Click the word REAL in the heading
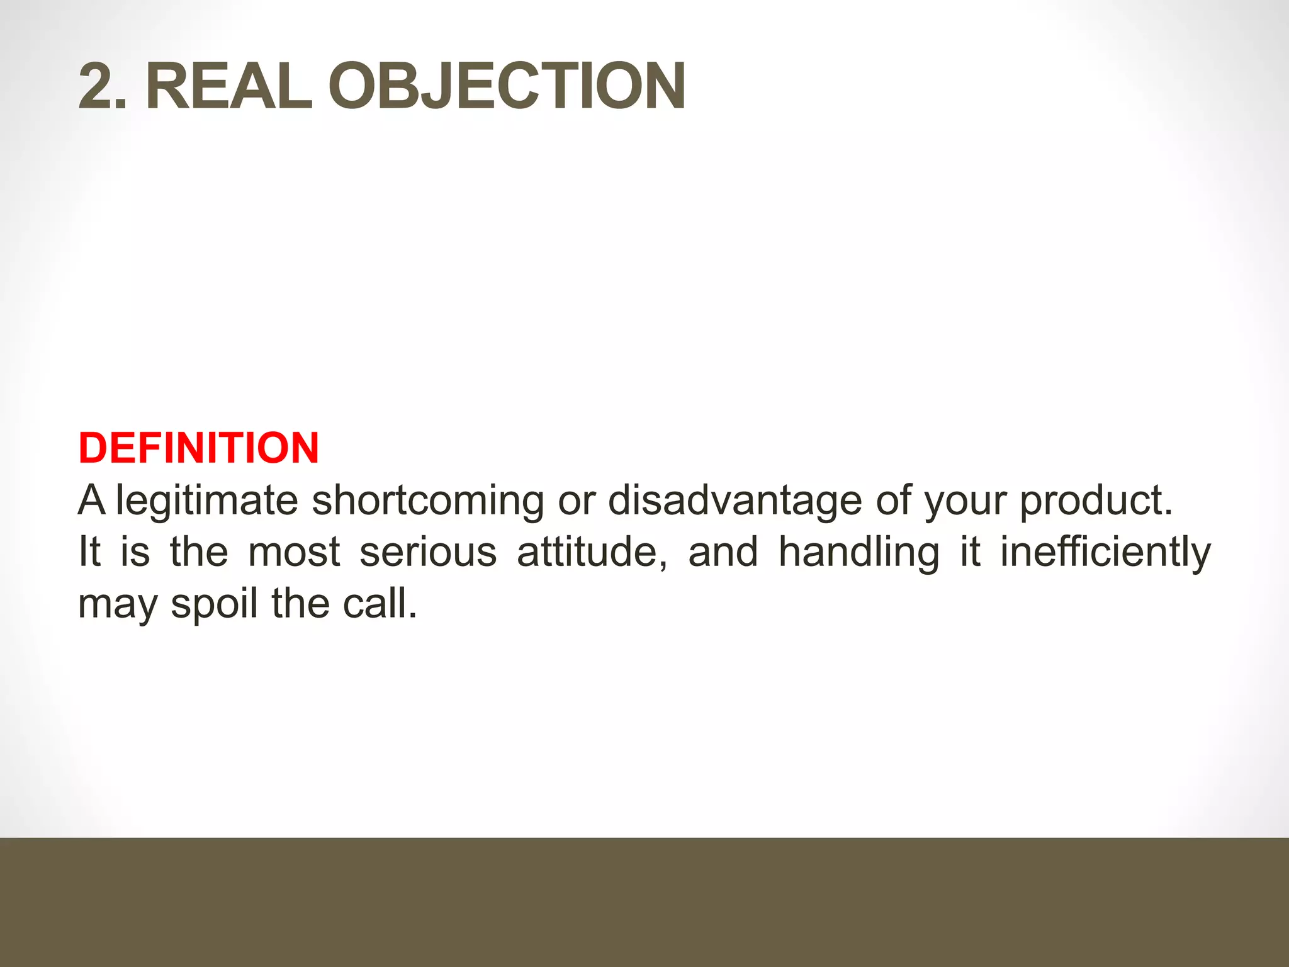pyautogui.click(x=228, y=86)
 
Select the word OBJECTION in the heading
pyautogui.click(x=507, y=86)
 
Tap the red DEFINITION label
pyautogui.click(x=199, y=448)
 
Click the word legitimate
pyautogui.click(x=206, y=501)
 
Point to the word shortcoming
pyautogui.click(x=428, y=501)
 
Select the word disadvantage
pyautogui.click(x=734, y=501)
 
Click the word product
pyautogui.click(x=1096, y=501)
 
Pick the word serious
pyautogui.click(x=428, y=552)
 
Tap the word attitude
pyautogui.click(x=592, y=552)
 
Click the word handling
pyautogui.click(x=859, y=552)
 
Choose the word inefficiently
pyautogui.click(x=1105, y=552)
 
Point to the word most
pyautogui.click(x=294, y=552)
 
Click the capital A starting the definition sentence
pyautogui.click(x=92, y=500)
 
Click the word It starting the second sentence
pyautogui.click(x=89, y=551)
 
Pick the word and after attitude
pyautogui.click(x=723, y=552)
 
